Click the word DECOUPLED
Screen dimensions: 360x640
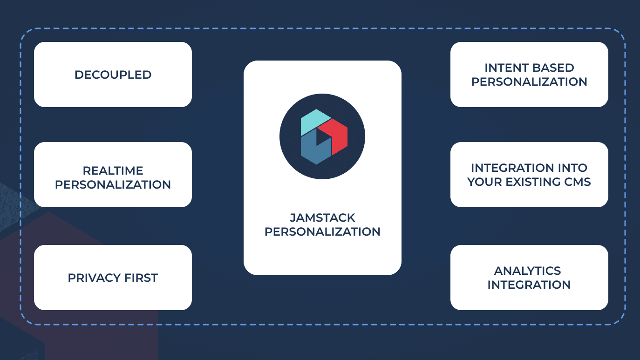tap(113, 75)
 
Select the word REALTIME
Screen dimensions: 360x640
tap(113, 170)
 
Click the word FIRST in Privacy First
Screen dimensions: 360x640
tap(141, 278)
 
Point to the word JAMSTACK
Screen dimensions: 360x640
tap(322, 217)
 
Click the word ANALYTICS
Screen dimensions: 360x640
tap(527, 271)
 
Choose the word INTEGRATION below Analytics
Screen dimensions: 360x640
tap(529, 285)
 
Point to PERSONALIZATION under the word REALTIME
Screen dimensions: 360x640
tap(113, 184)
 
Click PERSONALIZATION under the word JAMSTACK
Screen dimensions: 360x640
tap(322, 231)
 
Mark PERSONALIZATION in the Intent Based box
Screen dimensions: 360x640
tap(529, 82)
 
